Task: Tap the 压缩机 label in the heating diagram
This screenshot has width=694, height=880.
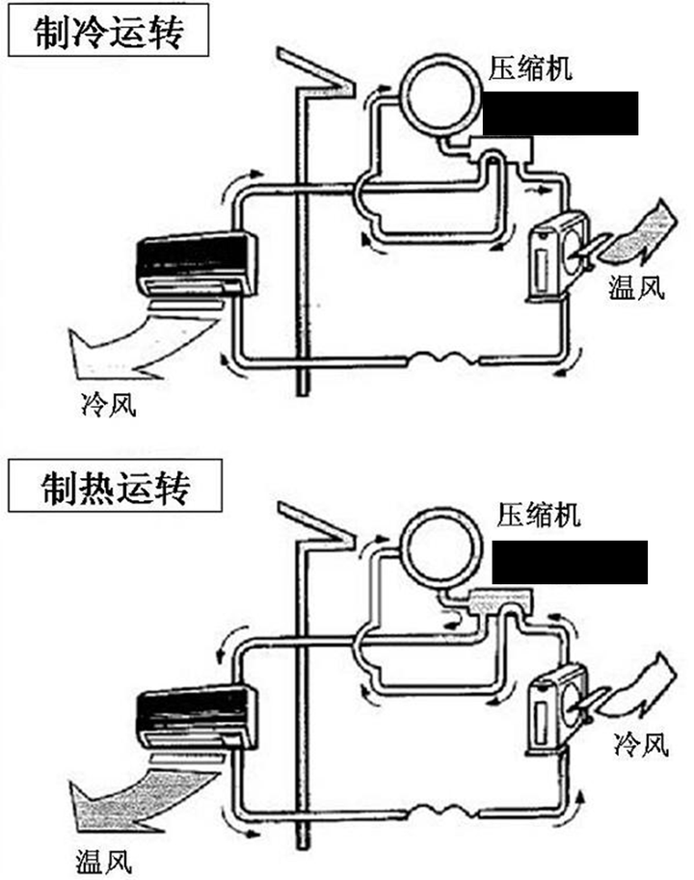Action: [541, 516]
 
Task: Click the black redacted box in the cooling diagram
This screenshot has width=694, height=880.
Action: [560, 114]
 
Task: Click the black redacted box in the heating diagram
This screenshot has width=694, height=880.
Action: [569, 562]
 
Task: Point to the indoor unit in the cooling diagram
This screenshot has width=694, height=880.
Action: [193, 264]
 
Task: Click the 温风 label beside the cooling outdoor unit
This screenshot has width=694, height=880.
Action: [637, 288]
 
